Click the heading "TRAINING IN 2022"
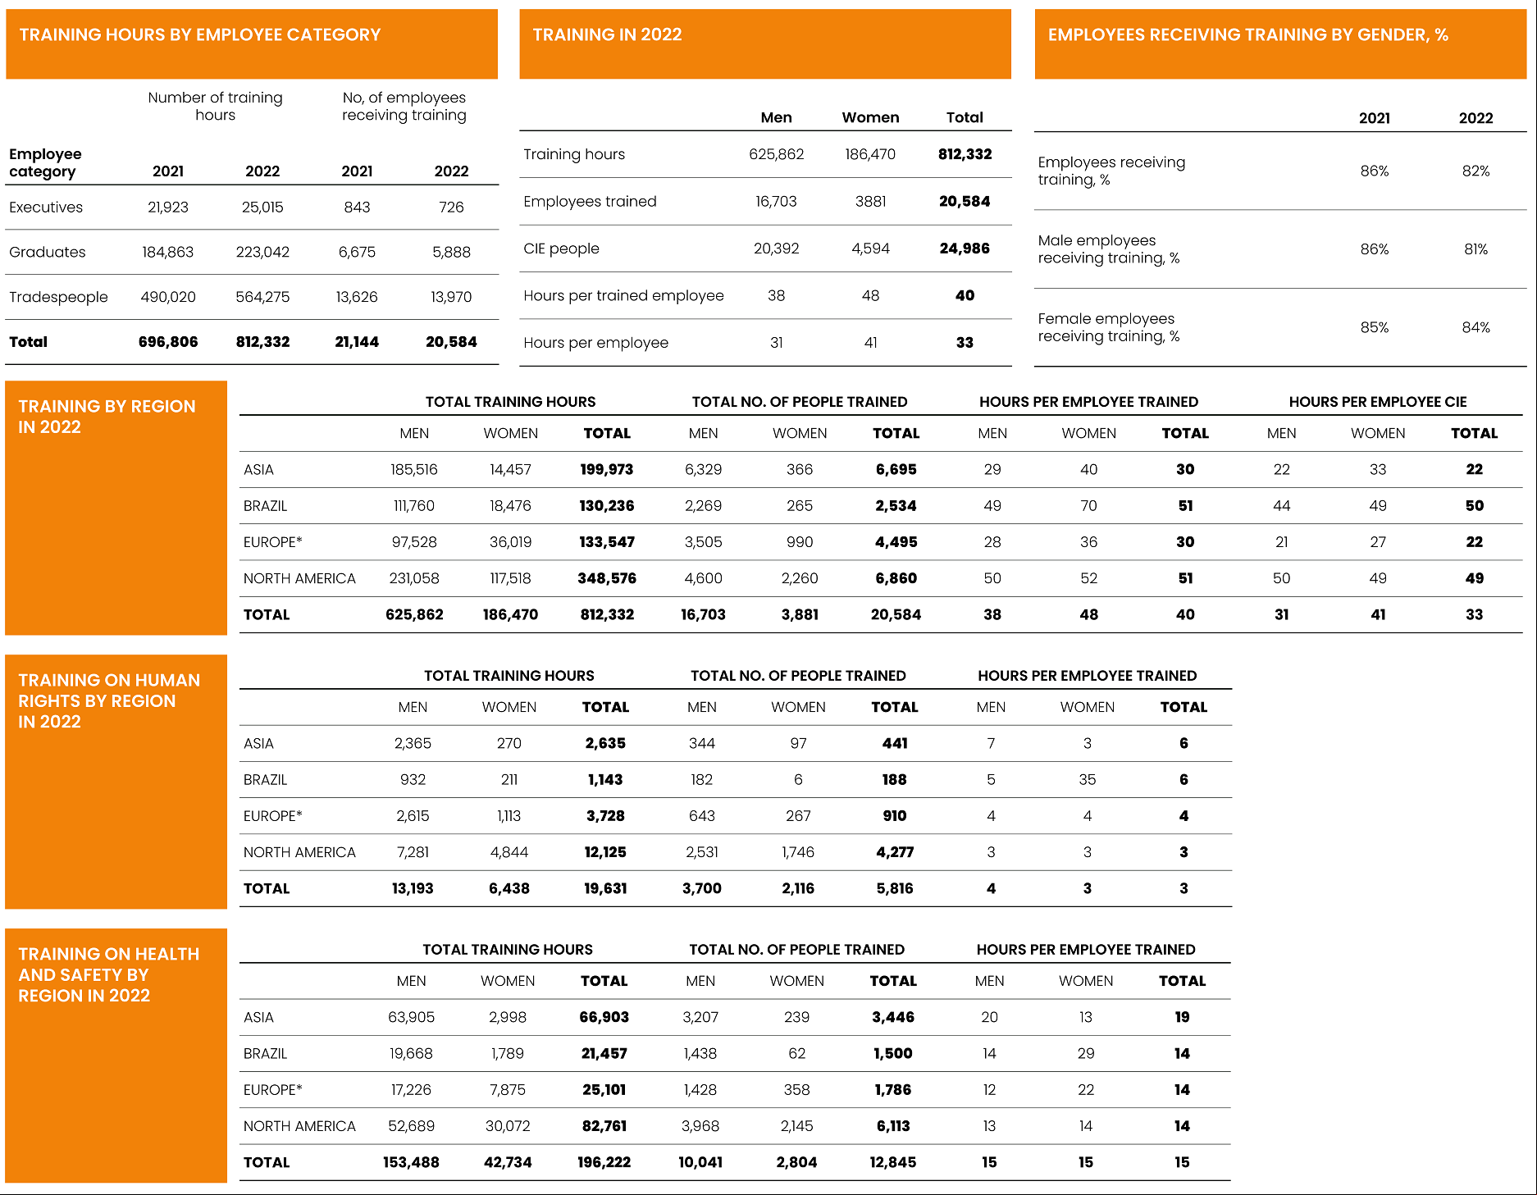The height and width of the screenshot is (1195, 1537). pyautogui.click(x=607, y=34)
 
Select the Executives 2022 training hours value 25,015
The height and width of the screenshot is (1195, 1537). pyautogui.click(x=262, y=208)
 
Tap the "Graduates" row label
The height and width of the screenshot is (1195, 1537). pyautogui.click(x=47, y=252)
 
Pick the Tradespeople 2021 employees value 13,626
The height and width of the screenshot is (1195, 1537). pyautogui.click(x=357, y=297)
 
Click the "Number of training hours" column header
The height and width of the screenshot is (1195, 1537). pyautogui.click(x=215, y=106)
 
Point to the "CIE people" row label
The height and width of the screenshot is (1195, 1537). pyautogui.click(x=561, y=249)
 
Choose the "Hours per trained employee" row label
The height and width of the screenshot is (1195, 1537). pyautogui.click(x=623, y=295)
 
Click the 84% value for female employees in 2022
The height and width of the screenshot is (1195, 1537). pyautogui.click(x=1475, y=327)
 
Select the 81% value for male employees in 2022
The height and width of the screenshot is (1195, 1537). pyautogui.click(x=1475, y=249)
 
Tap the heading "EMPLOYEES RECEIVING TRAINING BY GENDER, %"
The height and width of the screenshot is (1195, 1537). pyautogui.click(x=1247, y=34)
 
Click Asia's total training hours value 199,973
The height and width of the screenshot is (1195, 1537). pyautogui.click(x=607, y=469)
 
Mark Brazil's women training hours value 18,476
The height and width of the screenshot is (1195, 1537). pyautogui.click(x=510, y=506)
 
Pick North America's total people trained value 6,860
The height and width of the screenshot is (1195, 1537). pyautogui.click(x=896, y=578)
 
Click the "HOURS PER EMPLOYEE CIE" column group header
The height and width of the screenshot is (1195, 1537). pyautogui.click(x=1378, y=402)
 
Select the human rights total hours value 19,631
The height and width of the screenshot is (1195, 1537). pyautogui.click(x=605, y=888)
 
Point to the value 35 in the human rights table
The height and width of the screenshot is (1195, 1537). pyautogui.click(x=1088, y=780)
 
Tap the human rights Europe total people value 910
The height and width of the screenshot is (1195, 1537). pyautogui.click(x=895, y=816)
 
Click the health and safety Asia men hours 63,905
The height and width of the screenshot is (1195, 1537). pyautogui.click(x=411, y=1017)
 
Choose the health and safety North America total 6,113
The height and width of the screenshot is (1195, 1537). pyautogui.click(x=893, y=1126)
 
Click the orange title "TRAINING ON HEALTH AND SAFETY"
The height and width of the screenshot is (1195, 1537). pyautogui.click(x=108, y=974)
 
